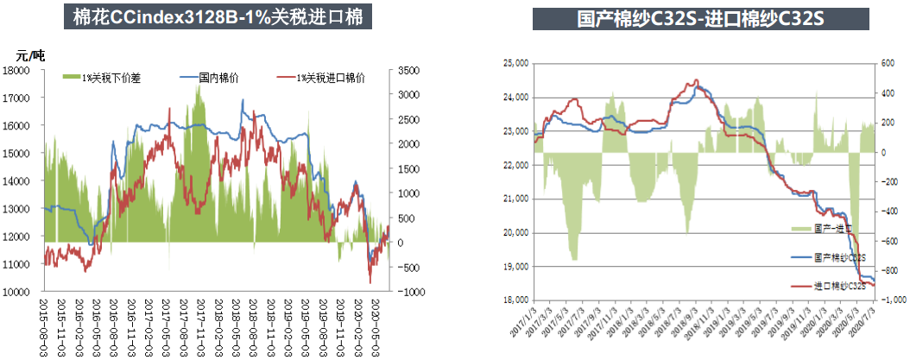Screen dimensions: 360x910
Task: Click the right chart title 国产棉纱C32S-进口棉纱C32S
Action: point(700,18)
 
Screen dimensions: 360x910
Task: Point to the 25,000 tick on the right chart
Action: point(515,63)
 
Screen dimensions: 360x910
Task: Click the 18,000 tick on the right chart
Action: point(515,300)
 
